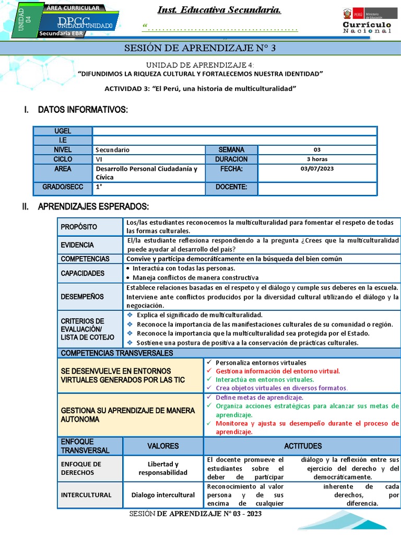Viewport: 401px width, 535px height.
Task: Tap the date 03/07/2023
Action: pyautogui.click(x=317, y=169)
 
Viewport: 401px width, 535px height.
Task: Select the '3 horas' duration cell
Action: pyautogui.click(x=317, y=159)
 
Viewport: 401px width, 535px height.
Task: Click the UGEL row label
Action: pyautogui.click(x=63, y=131)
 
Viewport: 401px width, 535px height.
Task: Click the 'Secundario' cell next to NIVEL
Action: pyautogui.click(x=112, y=150)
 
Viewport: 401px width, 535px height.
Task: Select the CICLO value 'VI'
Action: pyautogui.click(x=99, y=159)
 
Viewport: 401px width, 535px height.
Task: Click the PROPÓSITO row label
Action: pyautogui.click(x=79, y=227)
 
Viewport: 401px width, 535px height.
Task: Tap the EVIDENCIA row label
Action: pyautogui.click(x=77, y=245)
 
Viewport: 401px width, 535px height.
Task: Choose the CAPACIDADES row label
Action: pyautogui.click(x=82, y=273)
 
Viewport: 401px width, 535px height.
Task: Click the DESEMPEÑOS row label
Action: pyautogui.click(x=82, y=297)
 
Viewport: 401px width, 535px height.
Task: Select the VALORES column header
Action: pyautogui.click(x=162, y=446)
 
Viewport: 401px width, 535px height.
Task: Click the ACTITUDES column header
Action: pyautogui.click(x=302, y=446)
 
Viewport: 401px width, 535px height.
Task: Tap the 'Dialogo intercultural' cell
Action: pyautogui.click(x=162, y=495)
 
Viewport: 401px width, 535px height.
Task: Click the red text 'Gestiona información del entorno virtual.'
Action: pyautogui.click(x=277, y=371)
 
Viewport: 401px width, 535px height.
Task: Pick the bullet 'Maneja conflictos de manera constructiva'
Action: pyautogui.click(x=195, y=278)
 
